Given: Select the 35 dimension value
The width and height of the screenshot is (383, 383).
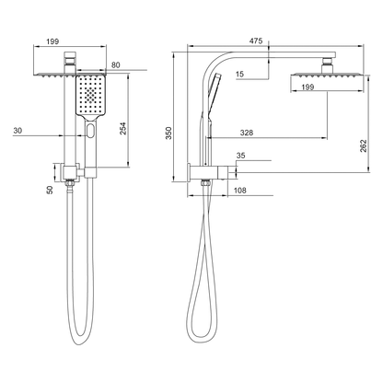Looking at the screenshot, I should (241, 157).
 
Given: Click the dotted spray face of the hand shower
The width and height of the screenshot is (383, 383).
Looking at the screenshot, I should (90, 95).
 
